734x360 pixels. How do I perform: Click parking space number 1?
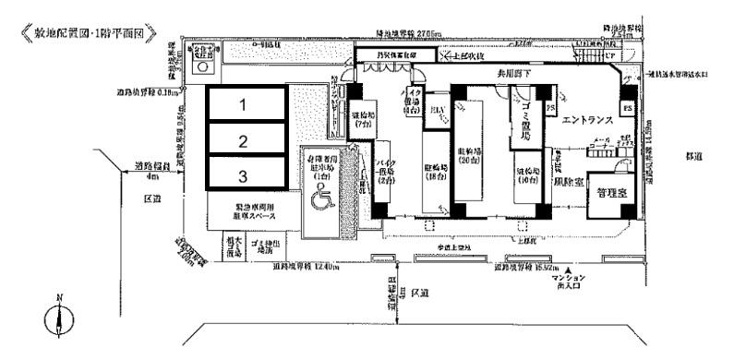click(x=244, y=105)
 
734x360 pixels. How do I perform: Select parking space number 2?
click(x=244, y=141)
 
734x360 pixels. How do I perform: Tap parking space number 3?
click(x=244, y=175)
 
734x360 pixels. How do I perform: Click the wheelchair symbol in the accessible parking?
click(x=321, y=198)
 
